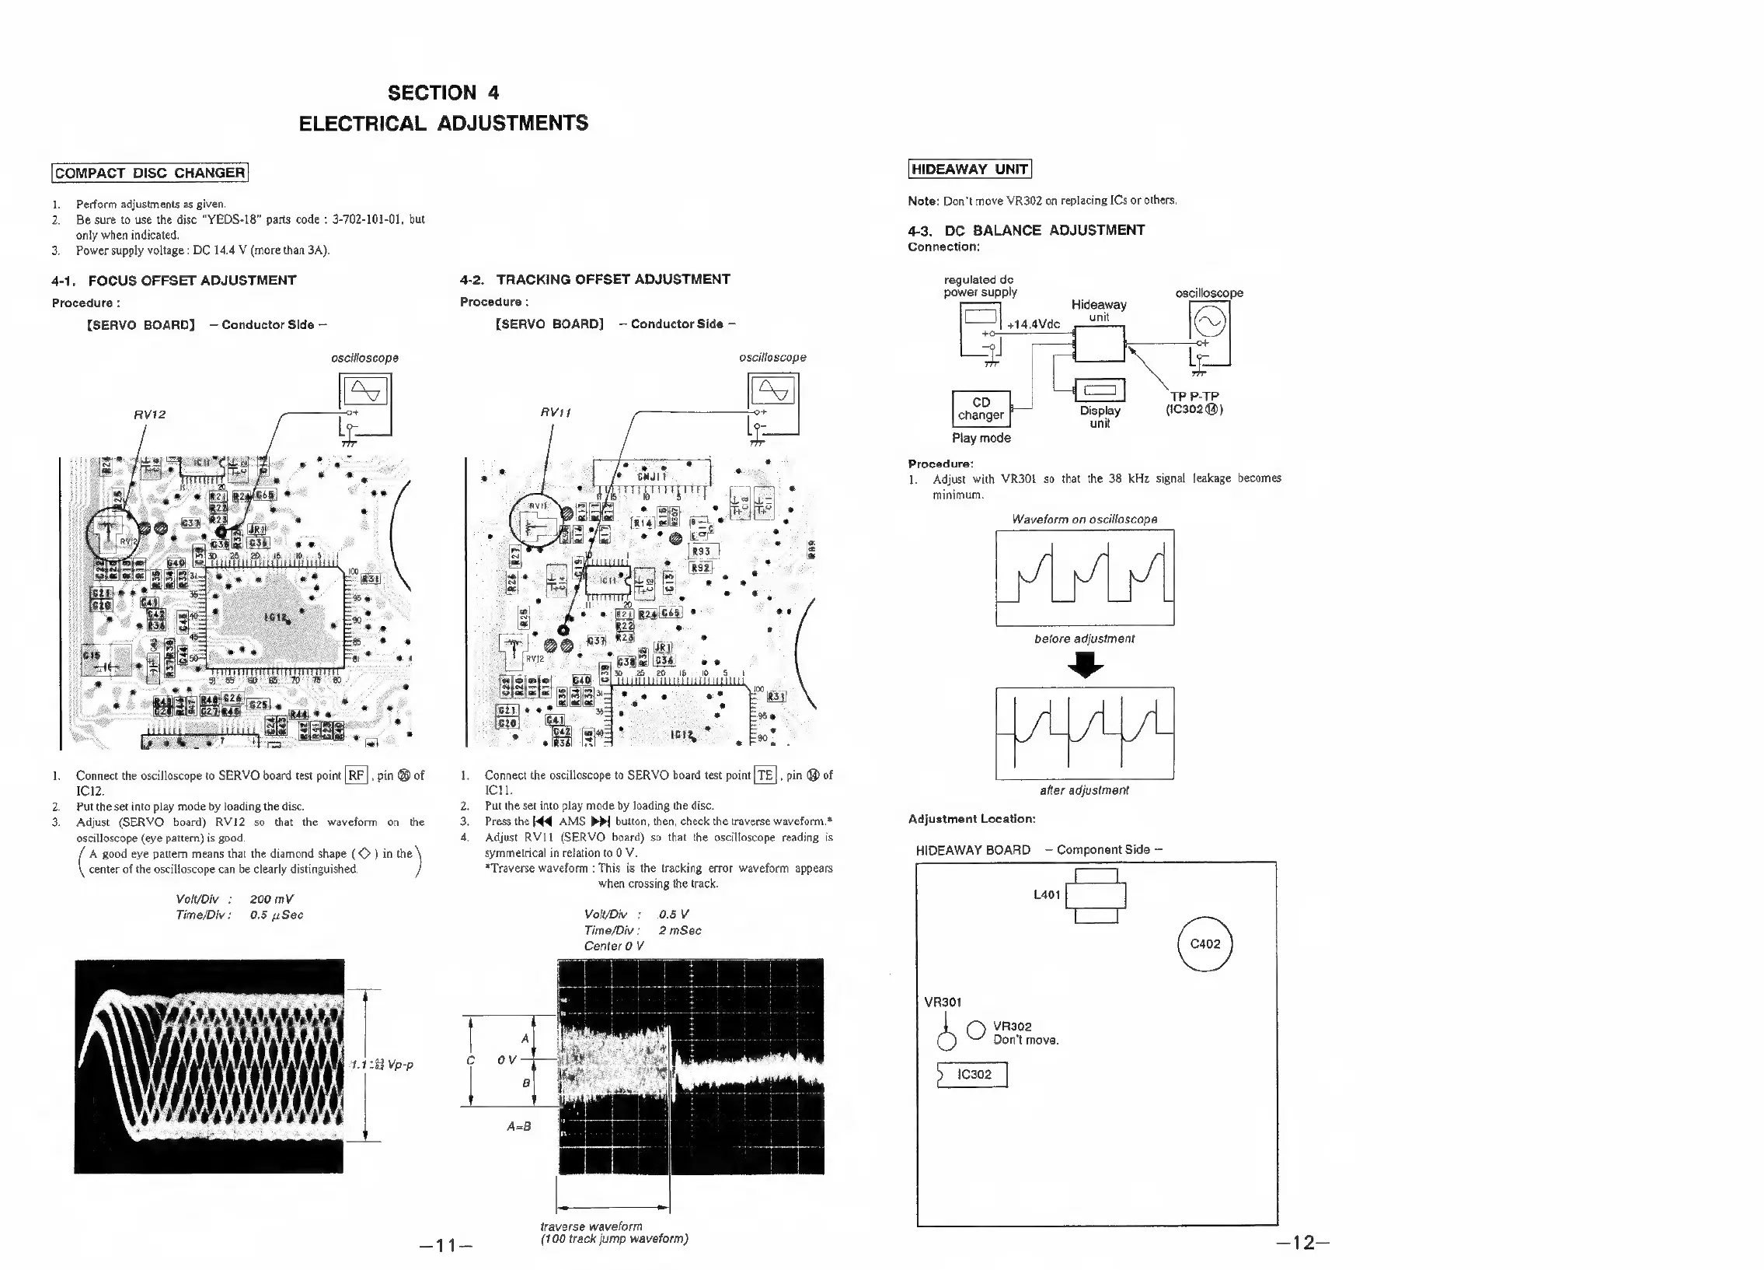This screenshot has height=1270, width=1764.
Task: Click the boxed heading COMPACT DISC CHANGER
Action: [150, 173]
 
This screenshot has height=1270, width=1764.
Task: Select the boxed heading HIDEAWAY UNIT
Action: [969, 169]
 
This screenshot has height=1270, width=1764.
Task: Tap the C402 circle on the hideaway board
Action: [1204, 944]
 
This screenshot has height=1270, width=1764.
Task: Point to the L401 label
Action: [1047, 895]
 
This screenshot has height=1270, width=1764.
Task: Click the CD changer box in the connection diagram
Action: [981, 408]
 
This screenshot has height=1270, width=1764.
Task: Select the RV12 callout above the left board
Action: [149, 415]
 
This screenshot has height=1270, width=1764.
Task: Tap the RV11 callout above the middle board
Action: [556, 412]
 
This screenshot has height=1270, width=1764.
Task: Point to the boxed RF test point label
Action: [356, 775]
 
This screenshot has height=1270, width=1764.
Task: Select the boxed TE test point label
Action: [765, 775]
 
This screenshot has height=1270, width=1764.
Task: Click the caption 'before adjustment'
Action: [1084, 639]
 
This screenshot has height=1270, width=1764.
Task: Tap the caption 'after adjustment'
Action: [1084, 791]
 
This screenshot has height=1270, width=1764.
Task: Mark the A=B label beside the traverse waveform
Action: [519, 1126]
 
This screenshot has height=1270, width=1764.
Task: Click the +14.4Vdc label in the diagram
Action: [1033, 324]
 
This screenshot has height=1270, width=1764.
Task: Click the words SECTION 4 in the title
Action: [444, 93]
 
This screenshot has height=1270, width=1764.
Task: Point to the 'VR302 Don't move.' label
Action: [1025, 1034]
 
